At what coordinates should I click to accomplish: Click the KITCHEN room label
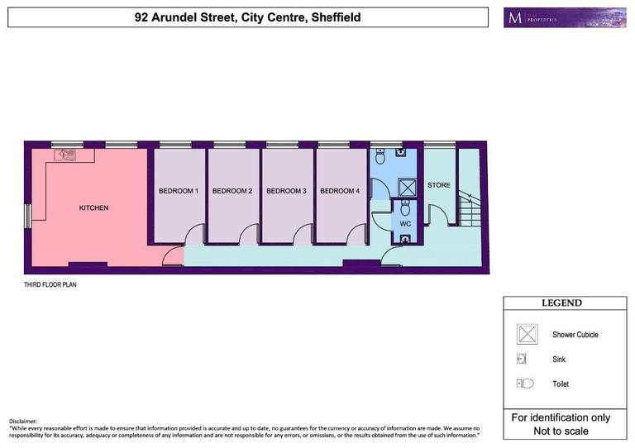[93, 207]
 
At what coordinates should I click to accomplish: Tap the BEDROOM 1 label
[179, 191]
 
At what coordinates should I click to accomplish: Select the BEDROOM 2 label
[232, 191]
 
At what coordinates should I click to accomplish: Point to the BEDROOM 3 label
[286, 191]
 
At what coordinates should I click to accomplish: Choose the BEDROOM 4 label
[340, 191]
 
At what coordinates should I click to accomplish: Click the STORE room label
[439, 185]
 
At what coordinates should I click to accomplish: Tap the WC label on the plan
[405, 224]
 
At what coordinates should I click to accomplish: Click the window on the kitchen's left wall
[27, 215]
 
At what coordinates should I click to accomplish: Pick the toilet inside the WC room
[405, 208]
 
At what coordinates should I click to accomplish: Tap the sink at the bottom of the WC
[405, 239]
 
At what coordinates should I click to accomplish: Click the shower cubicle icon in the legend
[527, 334]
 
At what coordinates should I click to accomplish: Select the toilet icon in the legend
[526, 384]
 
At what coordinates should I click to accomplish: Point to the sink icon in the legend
[523, 359]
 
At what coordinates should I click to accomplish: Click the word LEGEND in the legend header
[561, 303]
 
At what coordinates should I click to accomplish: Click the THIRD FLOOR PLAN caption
[50, 284]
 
